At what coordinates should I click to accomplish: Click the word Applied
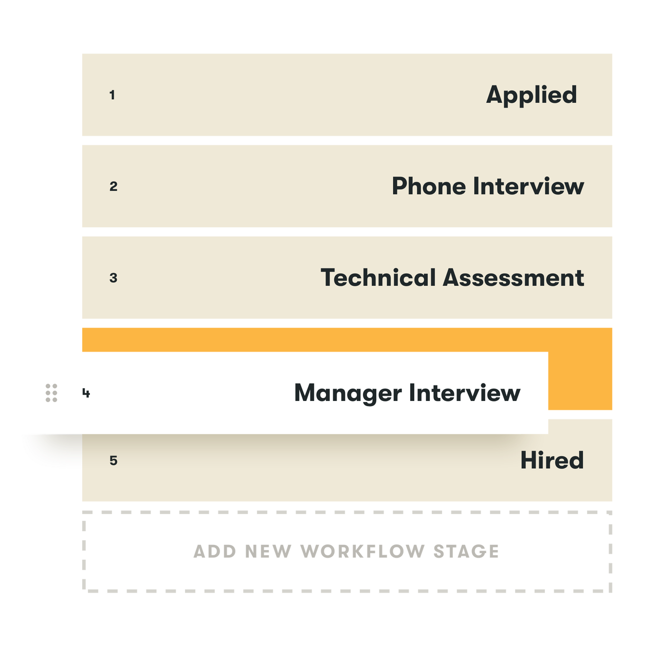[x=532, y=95]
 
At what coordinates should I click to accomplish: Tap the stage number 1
[x=112, y=95]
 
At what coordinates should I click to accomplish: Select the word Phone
[x=429, y=186]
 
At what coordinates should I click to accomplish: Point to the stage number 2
[x=114, y=187]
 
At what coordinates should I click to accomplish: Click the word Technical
[x=378, y=278]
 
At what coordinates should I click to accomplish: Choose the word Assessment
[x=514, y=278]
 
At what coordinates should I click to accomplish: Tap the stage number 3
[x=114, y=278]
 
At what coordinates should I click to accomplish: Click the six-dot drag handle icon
[x=51, y=393]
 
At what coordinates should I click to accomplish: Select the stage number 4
[x=86, y=393]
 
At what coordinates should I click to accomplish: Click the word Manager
[x=348, y=393]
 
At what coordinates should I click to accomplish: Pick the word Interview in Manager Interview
[x=465, y=393]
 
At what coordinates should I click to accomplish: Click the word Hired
[x=552, y=460]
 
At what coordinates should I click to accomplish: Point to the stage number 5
[x=114, y=461]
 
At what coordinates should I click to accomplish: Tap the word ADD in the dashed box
[x=214, y=551]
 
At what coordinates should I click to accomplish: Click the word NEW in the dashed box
[x=267, y=551]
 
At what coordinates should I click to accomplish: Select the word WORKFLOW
[x=362, y=551]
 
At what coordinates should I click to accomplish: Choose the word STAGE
[x=466, y=551]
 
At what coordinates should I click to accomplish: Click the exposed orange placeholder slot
[x=581, y=370]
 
